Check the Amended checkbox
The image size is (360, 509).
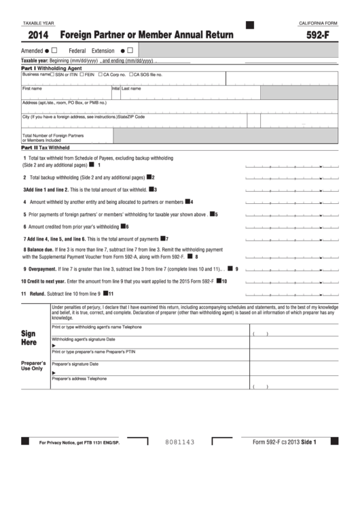pyautogui.click(x=54, y=50)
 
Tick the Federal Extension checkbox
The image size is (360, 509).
pyautogui.click(x=130, y=50)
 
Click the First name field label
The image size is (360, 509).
pyautogui.click(x=32, y=88)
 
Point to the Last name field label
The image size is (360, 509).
pyautogui.click(x=131, y=88)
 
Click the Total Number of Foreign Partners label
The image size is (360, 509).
pyautogui.click(x=48, y=135)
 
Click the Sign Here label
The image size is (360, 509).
pyautogui.click(x=29, y=338)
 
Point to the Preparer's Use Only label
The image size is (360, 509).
pyautogui.click(x=33, y=366)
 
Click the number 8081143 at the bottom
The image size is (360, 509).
pyautogui.click(x=180, y=442)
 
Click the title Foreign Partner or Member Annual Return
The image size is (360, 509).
pyautogui.click(x=147, y=35)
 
